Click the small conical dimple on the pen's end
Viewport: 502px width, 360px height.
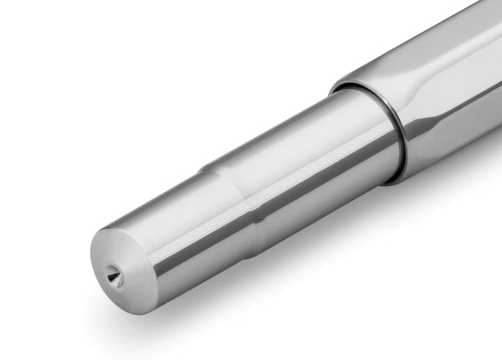click(114, 274)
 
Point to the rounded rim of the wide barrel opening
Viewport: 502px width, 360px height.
click(351, 80)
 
